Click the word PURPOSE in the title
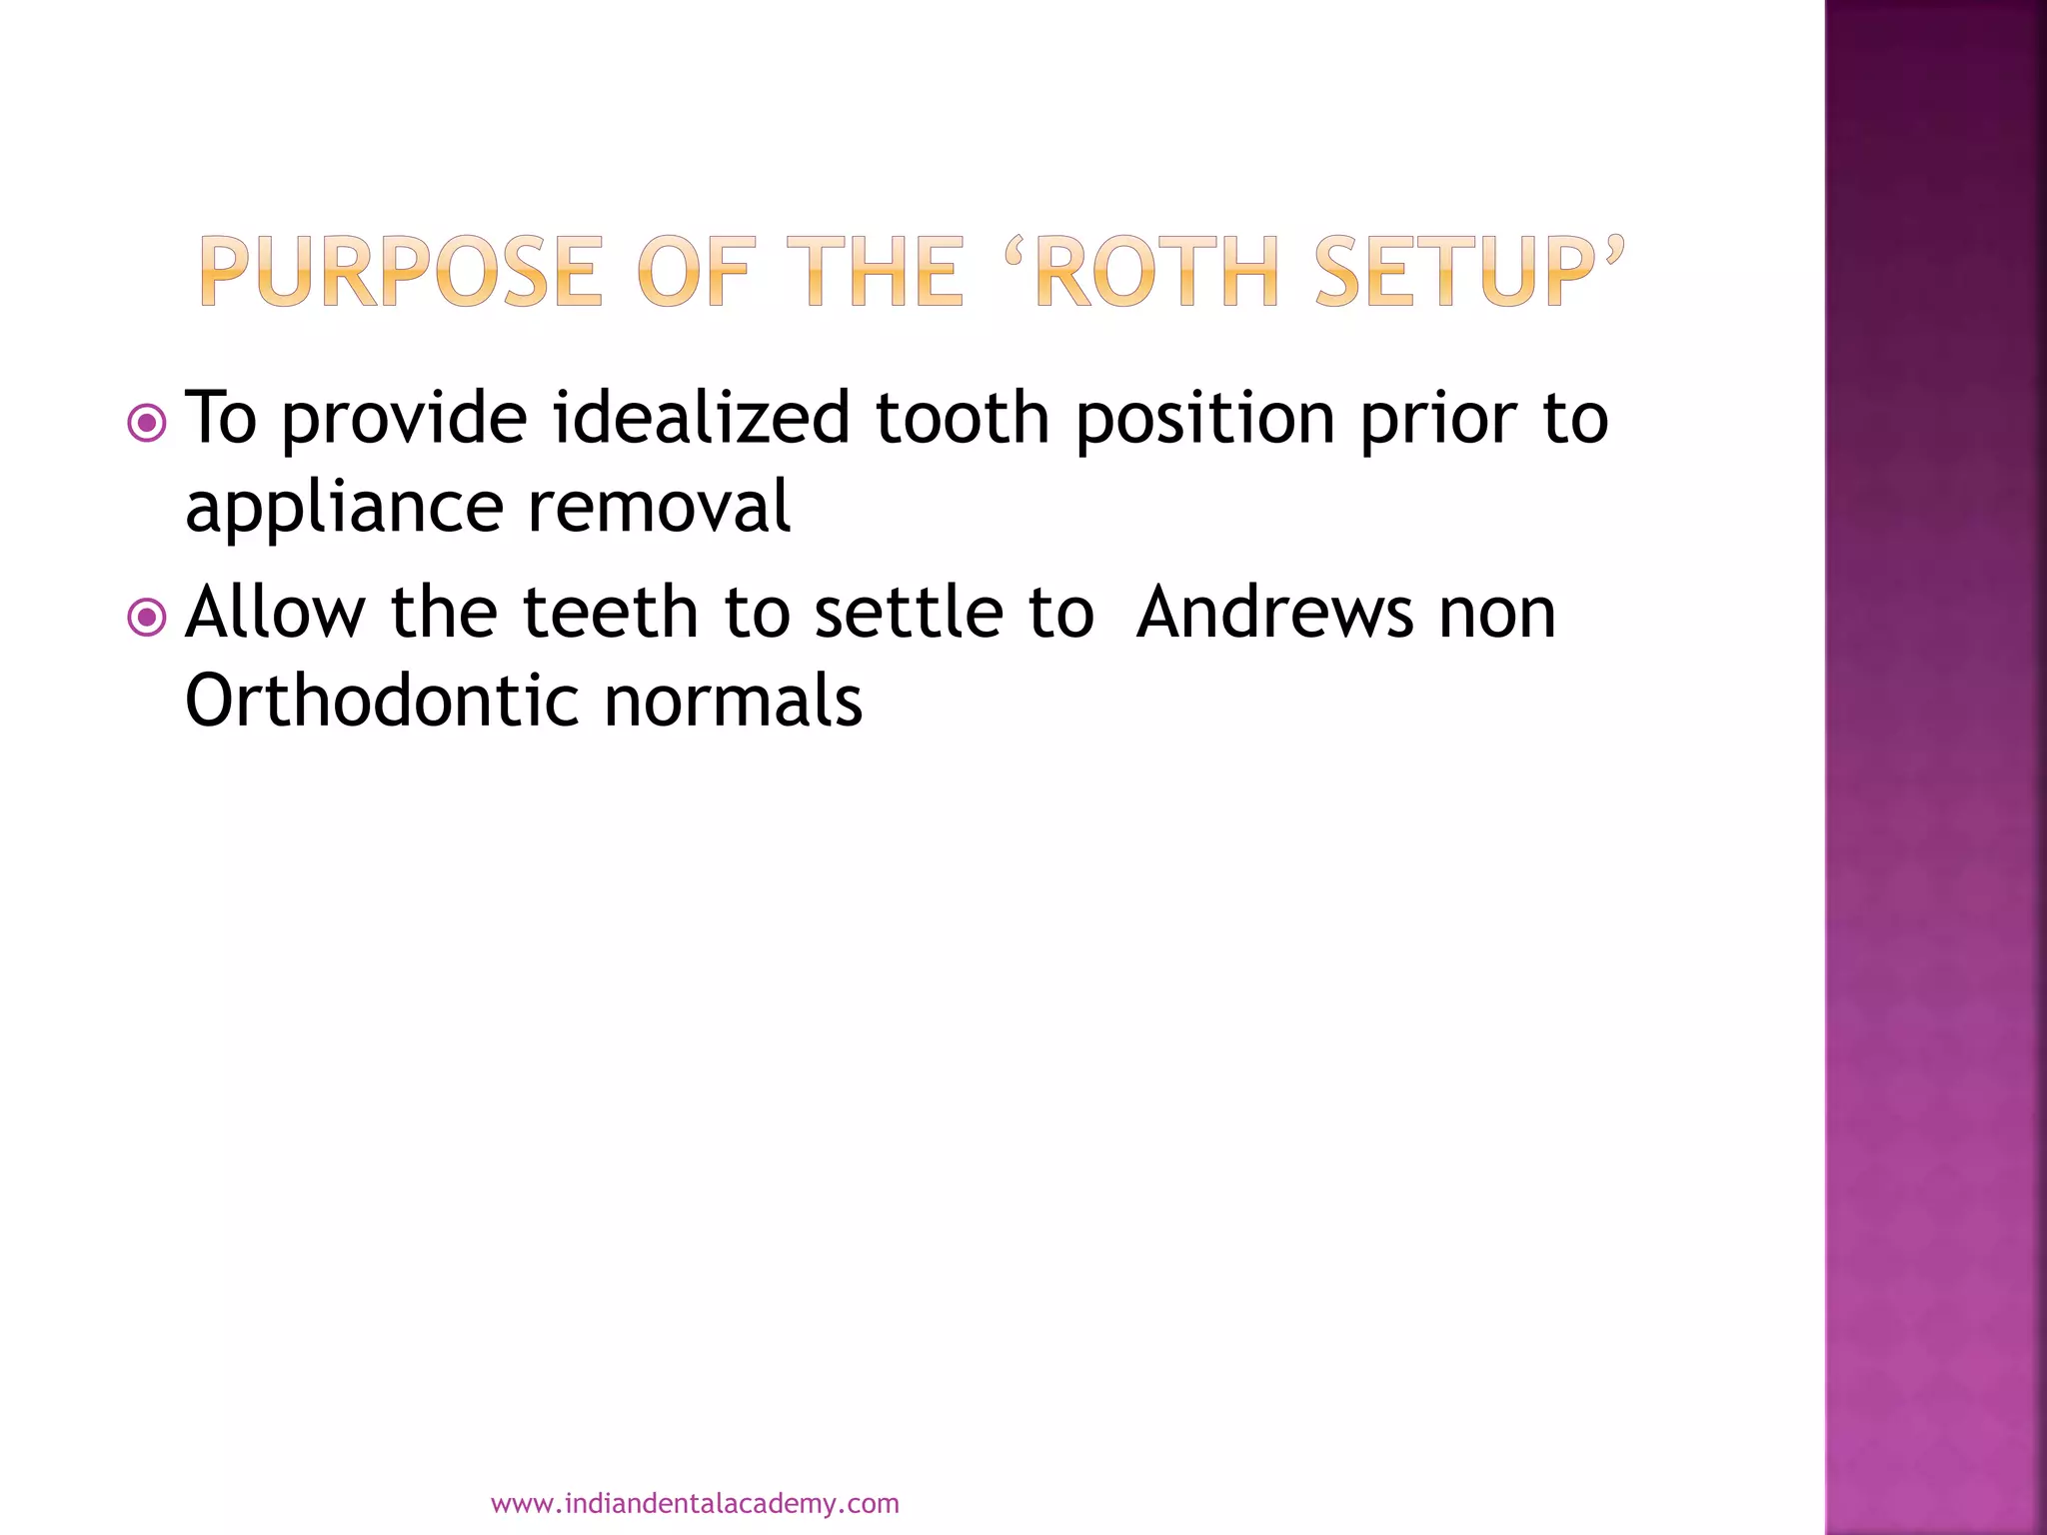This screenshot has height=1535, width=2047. pos(402,271)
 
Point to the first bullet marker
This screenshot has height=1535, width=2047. pos(147,424)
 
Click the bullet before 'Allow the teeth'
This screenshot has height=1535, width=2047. pos(147,618)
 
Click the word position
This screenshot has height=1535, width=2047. pos(1204,420)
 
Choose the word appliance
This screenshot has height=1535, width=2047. pos(344,509)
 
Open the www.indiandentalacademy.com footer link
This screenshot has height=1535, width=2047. pos(695,1504)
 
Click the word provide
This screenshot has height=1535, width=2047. pos(404,420)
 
